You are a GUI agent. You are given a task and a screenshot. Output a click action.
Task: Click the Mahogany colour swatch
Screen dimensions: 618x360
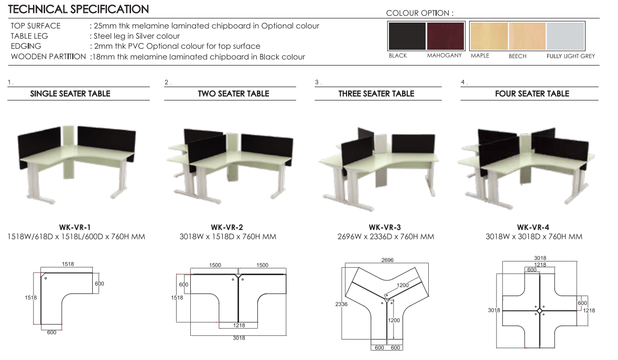tap(446, 36)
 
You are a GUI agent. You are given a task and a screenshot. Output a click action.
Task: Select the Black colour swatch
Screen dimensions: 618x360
tap(407, 36)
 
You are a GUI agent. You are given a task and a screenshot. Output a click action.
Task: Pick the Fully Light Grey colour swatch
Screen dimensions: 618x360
tap(565, 36)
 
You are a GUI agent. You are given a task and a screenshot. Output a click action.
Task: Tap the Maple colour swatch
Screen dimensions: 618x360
tap(489, 36)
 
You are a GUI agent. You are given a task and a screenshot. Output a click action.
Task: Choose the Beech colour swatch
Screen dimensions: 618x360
tap(527, 36)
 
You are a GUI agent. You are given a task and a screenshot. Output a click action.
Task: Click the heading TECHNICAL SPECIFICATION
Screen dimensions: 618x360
tap(79, 9)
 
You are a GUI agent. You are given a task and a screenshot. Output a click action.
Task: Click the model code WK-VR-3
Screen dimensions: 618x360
tap(385, 227)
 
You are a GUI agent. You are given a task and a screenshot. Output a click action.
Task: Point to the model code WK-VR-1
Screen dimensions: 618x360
tap(75, 227)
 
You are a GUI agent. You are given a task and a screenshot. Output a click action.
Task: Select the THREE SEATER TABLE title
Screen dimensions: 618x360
tap(376, 94)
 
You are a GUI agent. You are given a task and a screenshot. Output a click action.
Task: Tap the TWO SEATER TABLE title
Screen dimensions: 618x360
tap(233, 94)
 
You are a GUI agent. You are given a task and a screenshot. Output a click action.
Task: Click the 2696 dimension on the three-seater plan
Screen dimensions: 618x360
tap(387, 260)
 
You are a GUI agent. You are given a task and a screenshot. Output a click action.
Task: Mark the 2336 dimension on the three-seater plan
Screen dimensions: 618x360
tap(341, 304)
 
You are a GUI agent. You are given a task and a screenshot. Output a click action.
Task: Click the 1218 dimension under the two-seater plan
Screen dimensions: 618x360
tap(239, 325)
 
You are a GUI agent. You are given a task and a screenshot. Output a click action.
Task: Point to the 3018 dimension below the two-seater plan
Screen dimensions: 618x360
tap(239, 338)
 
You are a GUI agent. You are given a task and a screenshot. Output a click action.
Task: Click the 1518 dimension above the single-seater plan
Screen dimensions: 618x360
tap(68, 264)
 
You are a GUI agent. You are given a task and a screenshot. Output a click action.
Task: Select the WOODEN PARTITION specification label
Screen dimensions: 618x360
tap(48, 56)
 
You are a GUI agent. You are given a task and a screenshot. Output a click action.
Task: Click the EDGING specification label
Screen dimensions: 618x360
tap(26, 46)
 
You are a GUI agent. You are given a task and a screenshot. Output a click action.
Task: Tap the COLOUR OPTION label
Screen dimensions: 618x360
tap(420, 13)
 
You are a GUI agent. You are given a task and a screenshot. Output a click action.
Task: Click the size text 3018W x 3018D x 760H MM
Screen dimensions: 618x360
tap(534, 237)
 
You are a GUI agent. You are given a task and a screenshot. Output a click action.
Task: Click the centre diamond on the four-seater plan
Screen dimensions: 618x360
tap(539, 311)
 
